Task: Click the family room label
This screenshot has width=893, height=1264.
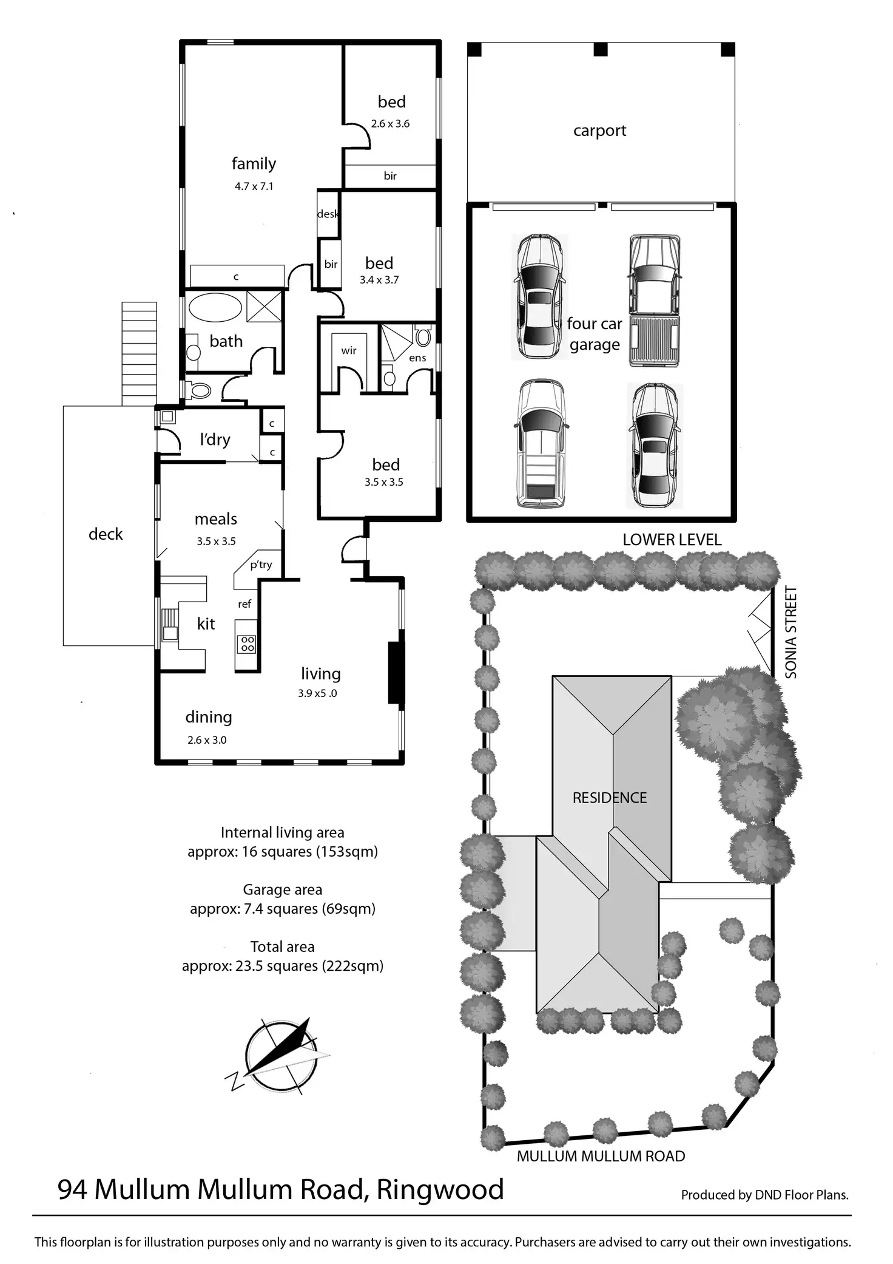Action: pos(254,164)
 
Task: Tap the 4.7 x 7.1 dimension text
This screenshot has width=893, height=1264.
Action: pos(254,186)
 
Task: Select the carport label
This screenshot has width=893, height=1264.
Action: pos(599,131)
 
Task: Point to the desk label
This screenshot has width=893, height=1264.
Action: pos(328,214)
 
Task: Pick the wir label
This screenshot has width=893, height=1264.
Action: pos(349,350)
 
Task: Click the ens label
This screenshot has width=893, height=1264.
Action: pos(417,358)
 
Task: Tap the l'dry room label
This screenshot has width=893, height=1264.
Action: pos(215,439)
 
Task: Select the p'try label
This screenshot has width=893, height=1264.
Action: pos(261,565)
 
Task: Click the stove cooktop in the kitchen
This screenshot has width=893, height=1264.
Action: pos(248,644)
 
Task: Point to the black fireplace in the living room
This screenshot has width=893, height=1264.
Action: pos(396,673)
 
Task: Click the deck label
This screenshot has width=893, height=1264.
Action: pos(106,534)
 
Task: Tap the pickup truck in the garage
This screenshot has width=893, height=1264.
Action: pos(653,301)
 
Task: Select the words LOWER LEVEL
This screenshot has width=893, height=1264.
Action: pos(672,540)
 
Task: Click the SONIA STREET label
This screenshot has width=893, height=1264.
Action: pos(790,632)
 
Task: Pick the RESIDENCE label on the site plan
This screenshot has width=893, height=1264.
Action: pos(610,798)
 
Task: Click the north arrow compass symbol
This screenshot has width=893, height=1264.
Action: pos(280,1057)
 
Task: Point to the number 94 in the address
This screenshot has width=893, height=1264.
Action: pos(73,1189)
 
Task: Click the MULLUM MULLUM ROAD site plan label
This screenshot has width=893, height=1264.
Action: pos(601,1157)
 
